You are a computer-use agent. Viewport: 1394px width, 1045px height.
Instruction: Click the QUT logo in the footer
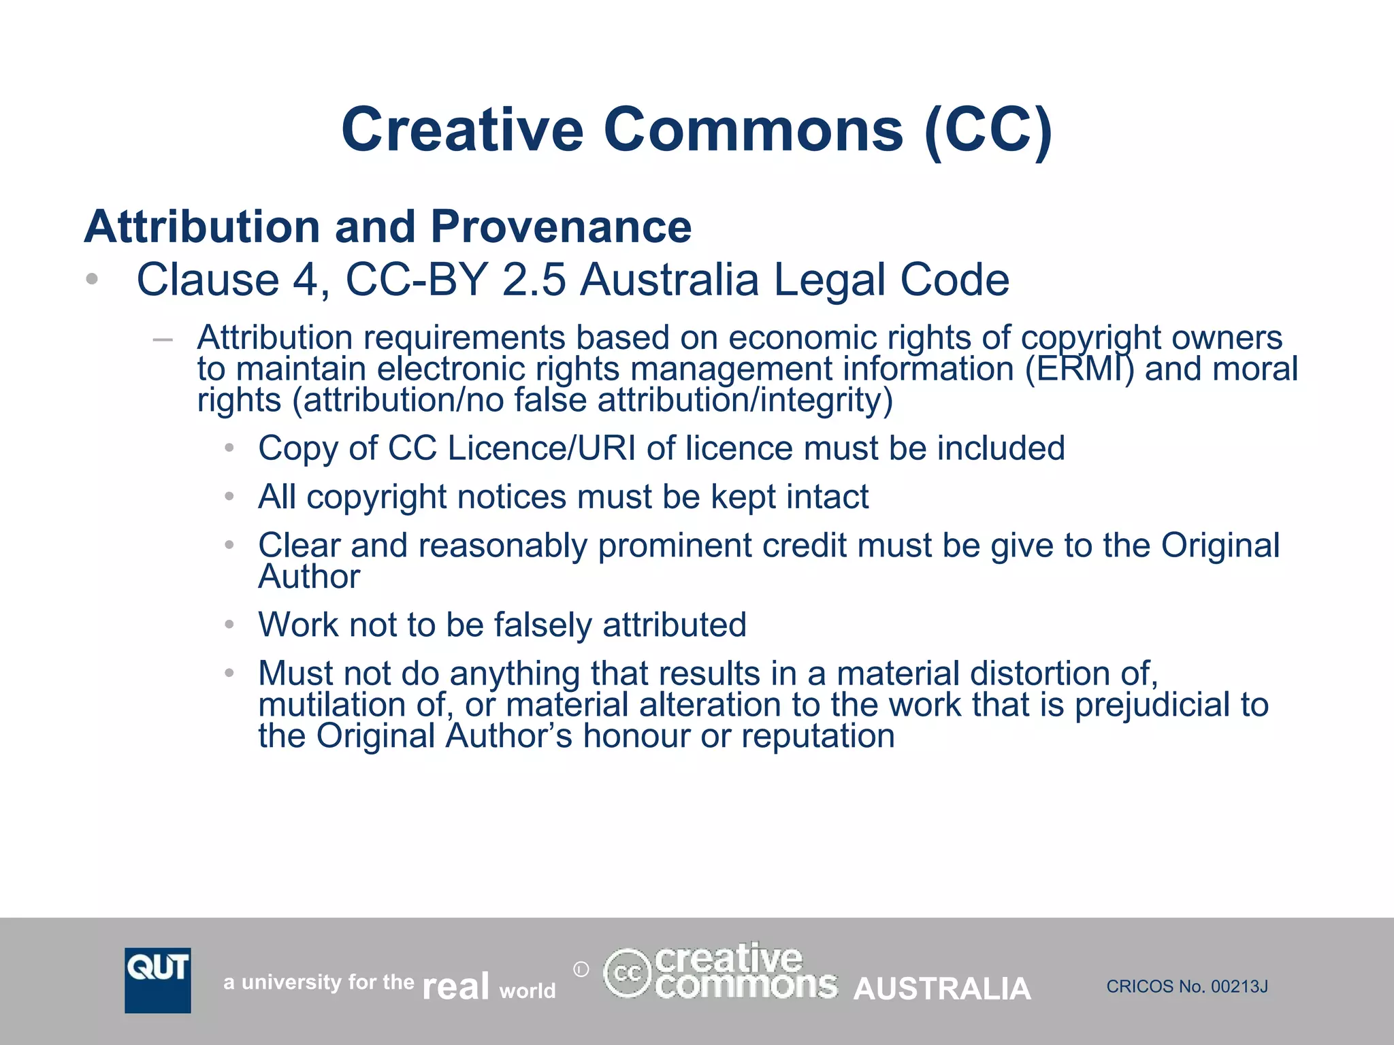coord(157,980)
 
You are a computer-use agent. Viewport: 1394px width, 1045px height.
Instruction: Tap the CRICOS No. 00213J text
coord(1187,986)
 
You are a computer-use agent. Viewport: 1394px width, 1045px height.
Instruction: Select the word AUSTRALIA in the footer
coord(942,989)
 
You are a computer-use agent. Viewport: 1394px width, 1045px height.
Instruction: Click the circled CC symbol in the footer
coord(627,974)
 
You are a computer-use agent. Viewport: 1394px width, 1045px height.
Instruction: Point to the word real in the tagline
coord(455,986)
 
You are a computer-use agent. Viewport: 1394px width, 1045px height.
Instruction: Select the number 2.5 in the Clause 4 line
coord(534,280)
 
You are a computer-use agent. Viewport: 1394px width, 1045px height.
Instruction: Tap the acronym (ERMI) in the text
coord(1080,369)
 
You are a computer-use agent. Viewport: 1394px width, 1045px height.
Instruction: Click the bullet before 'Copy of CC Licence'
coord(230,448)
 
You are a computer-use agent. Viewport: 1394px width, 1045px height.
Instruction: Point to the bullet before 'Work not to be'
coord(230,625)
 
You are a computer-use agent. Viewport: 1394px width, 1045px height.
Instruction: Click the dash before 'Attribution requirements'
coord(163,339)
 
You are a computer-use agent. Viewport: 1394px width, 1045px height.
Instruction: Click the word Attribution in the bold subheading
coord(202,227)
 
